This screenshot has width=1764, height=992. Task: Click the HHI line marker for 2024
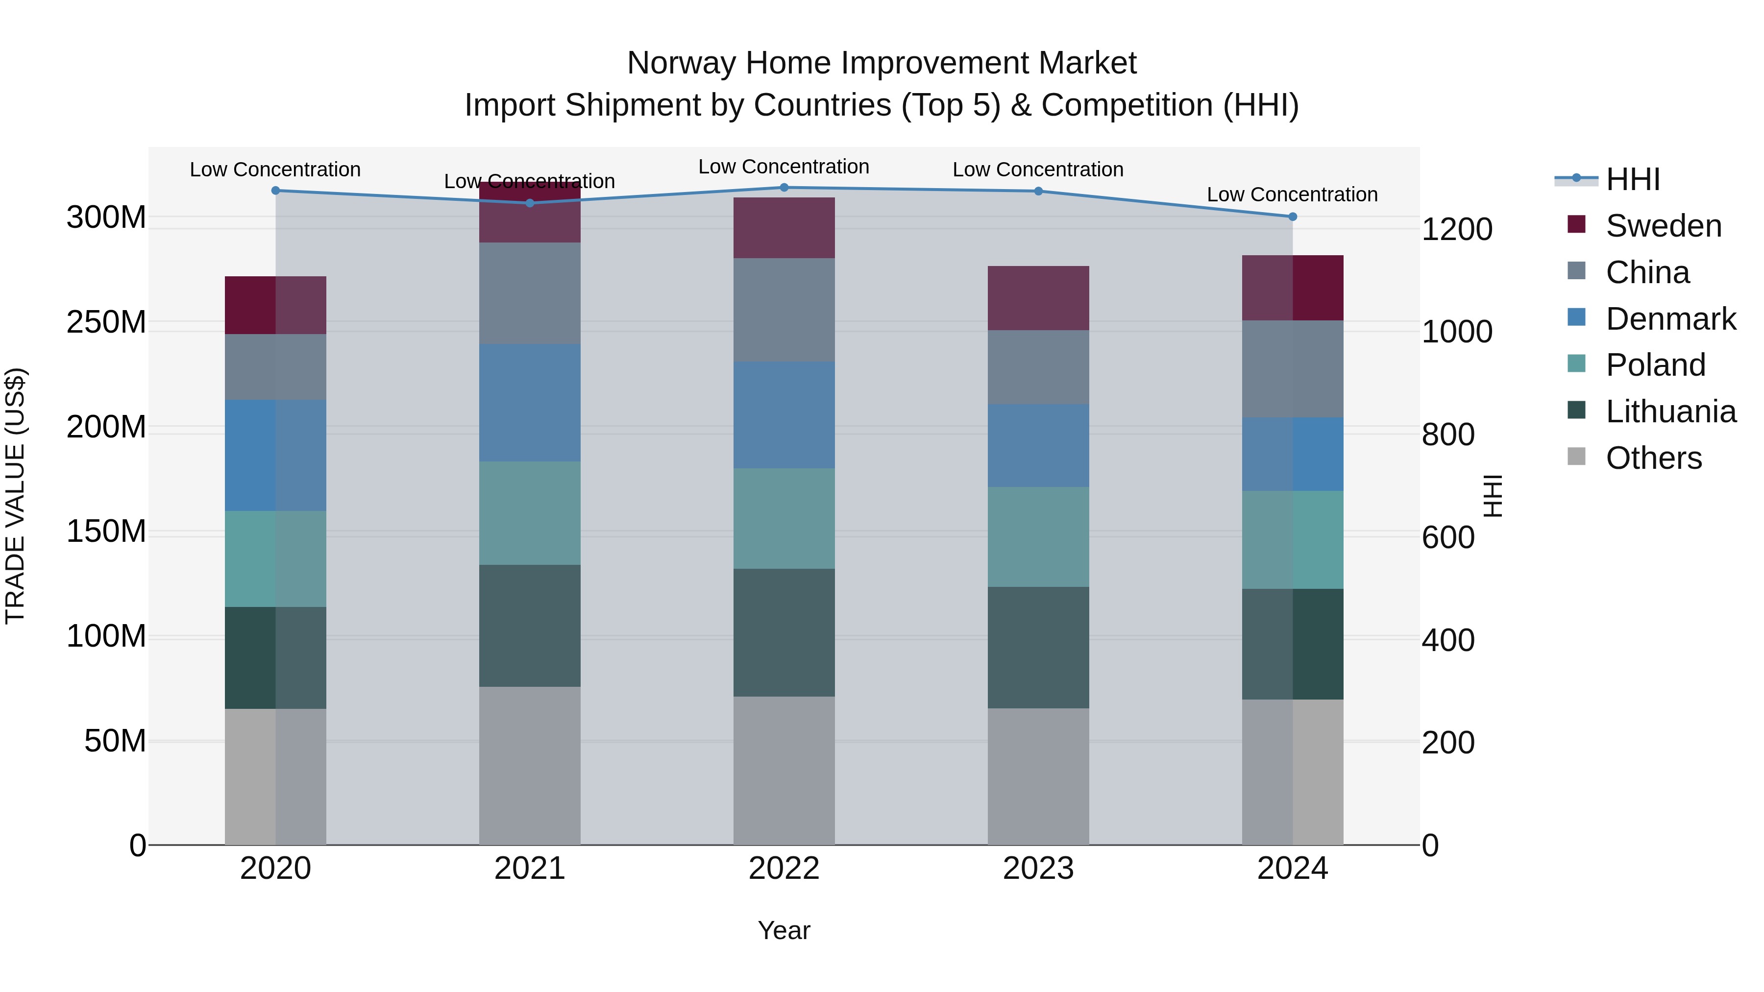(1292, 217)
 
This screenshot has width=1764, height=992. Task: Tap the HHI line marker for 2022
(784, 188)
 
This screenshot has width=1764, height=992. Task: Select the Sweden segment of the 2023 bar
(1038, 298)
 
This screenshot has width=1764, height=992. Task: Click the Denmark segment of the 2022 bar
(784, 415)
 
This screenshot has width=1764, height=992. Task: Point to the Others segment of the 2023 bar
(1038, 776)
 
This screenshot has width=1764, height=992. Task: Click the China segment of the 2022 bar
(784, 310)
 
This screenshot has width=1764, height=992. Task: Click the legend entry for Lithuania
(1670, 411)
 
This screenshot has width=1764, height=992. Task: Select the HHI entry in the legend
(1633, 179)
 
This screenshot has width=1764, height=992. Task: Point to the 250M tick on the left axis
(106, 322)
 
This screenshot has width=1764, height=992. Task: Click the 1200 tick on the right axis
(1457, 229)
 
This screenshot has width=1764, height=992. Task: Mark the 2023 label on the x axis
(1038, 869)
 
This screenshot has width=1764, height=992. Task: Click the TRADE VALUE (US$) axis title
(15, 496)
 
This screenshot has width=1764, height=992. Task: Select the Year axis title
(784, 930)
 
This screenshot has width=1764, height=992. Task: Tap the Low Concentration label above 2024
(1292, 194)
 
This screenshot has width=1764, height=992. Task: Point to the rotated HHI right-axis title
(1493, 496)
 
